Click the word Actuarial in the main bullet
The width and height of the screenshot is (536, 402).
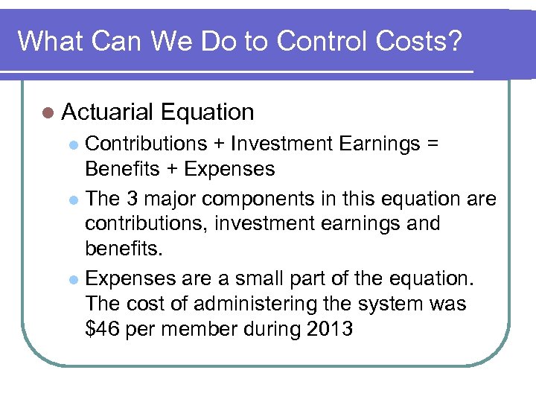point(108,112)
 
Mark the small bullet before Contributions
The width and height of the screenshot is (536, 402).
point(73,144)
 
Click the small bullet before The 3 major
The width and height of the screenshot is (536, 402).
point(73,199)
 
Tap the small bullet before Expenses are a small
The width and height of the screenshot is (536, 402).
point(73,279)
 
